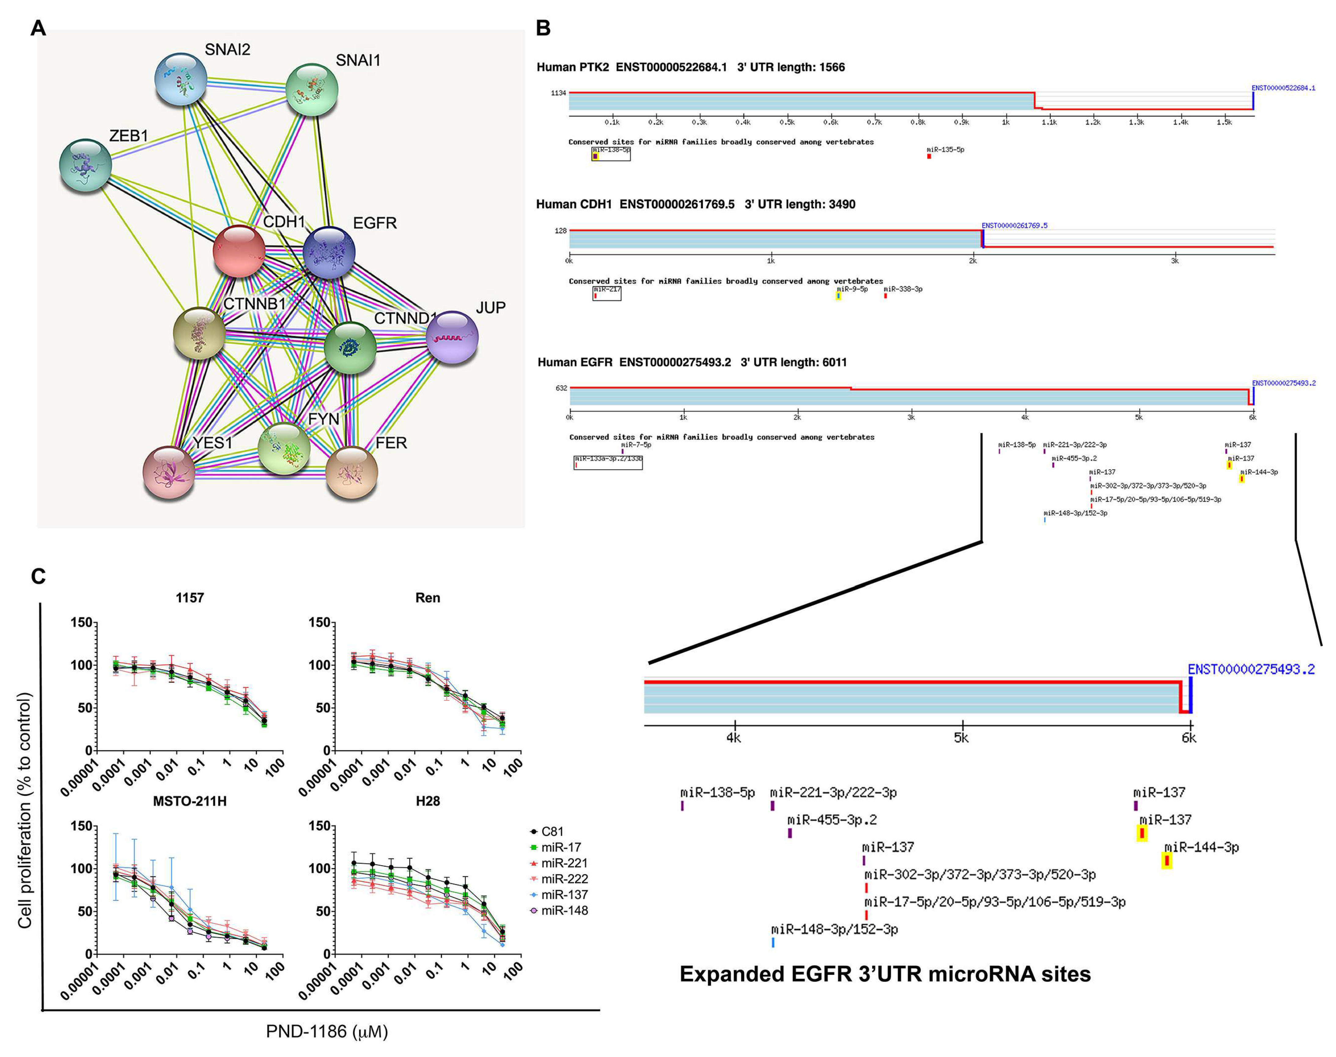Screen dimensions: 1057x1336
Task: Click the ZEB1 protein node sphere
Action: point(86,165)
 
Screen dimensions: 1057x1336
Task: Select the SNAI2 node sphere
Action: point(181,79)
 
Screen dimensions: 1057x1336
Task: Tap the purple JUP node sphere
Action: point(452,337)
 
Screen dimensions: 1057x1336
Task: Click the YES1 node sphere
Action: point(168,472)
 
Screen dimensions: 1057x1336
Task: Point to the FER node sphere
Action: point(351,472)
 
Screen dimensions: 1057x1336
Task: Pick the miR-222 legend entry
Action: point(564,879)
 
